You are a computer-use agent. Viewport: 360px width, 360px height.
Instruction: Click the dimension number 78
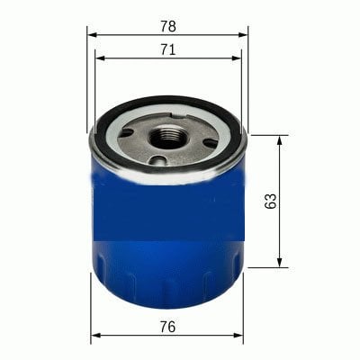(x=168, y=26)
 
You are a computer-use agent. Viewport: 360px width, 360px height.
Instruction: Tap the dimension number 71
(x=167, y=49)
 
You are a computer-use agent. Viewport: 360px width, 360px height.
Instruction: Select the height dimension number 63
(x=271, y=201)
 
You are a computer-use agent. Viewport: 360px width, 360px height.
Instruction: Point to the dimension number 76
(x=167, y=327)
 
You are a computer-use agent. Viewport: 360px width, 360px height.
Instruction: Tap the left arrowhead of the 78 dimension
(x=92, y=35)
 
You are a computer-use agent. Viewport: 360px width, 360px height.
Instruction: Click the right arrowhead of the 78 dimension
(x=243, y=35)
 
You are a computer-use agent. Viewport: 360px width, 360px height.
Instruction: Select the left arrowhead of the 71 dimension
(x=100, y=58)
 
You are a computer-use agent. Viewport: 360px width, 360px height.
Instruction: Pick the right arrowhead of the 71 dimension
(x=237, y=58)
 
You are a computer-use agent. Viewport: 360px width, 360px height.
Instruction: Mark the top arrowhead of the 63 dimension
(x=280, y=140)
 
